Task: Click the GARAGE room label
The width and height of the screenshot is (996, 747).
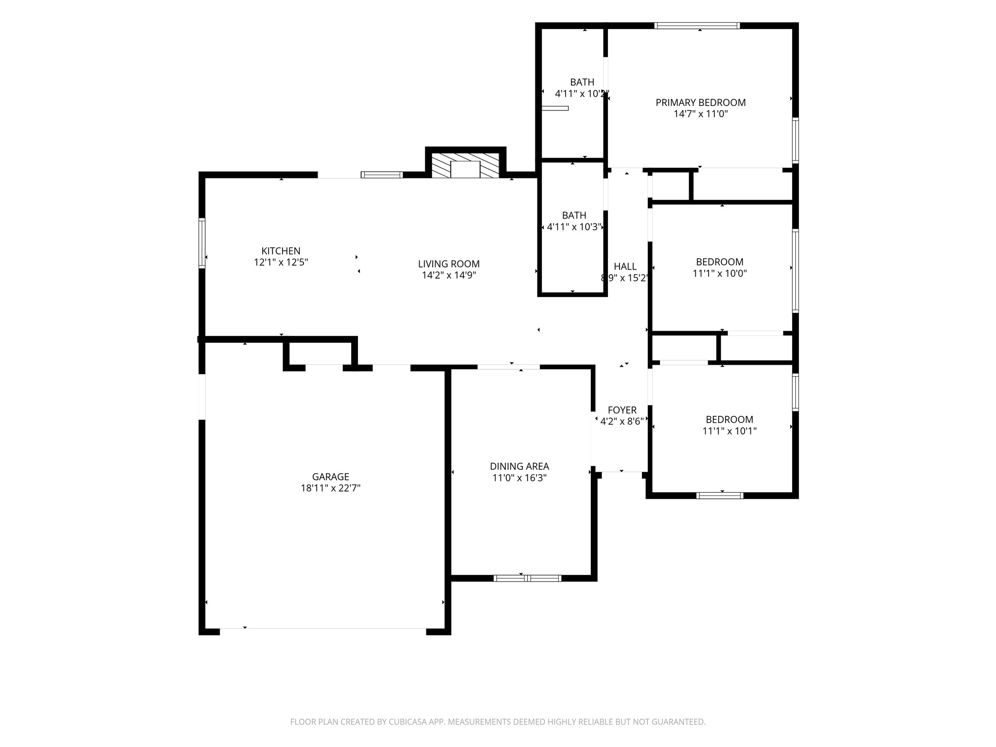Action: click(x=331, y=477)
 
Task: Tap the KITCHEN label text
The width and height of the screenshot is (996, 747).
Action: click(x=281, y=251)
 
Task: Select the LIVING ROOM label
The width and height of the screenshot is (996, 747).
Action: click(x=449, y=264)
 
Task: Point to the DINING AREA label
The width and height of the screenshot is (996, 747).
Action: click(x=519, y=466)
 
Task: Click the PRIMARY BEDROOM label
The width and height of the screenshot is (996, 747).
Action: click(x=701, y=103)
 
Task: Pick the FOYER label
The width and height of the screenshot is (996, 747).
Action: click(x=622, y=410)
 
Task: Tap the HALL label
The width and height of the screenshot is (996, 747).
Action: click(x=625, y=267)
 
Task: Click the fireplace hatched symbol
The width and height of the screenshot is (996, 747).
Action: click(x=465, y=166)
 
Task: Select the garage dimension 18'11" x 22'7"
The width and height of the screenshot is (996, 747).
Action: click(x=331, y=488)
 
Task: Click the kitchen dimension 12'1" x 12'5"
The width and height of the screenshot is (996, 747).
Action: click(x=281, y=262)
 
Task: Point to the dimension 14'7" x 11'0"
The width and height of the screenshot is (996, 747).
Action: click(x=701, y=114)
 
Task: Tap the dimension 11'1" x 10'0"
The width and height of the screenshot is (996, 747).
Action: click(x=720, y=273)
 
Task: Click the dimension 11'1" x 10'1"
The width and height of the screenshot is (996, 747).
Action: click(x=729, y=431)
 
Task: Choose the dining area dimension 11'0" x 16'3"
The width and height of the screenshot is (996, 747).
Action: click(x=519, y=478)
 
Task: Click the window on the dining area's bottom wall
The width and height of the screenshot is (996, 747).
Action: click(x=528, y=578)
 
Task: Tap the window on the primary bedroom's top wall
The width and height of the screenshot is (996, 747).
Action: click(x=697, y=26)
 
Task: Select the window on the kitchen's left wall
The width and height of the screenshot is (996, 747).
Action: click(x=202, y=243)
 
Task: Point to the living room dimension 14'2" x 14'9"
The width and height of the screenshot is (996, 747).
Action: click(x=449, y=275)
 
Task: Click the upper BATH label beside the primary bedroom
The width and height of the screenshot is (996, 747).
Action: click(x=582, y=82)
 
